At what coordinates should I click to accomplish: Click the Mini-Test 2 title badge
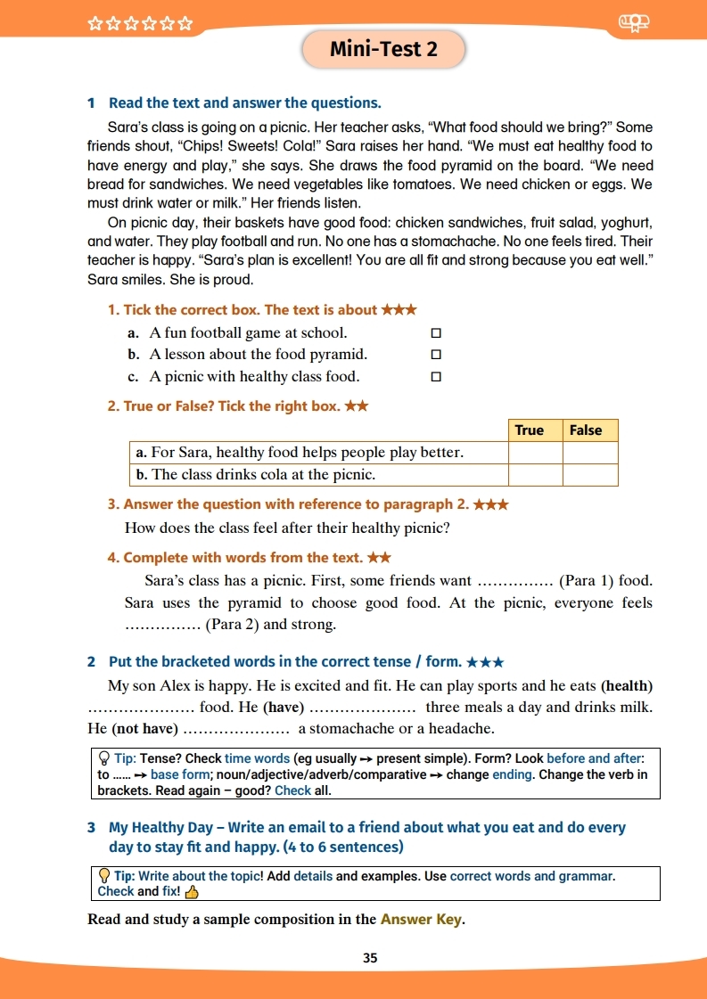tap(383, 49)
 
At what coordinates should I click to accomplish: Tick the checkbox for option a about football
tap(436, 333)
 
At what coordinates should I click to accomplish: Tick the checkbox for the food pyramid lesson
tap(436, 355)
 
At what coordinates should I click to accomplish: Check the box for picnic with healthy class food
tap(436, 376)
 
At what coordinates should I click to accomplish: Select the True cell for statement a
tap(535, 453)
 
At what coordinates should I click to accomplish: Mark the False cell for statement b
tap(590, 475)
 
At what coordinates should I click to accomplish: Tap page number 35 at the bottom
tap(370, 958)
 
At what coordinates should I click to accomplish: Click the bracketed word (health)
tap(627, 686)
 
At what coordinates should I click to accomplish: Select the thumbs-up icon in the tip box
tap(192, 891)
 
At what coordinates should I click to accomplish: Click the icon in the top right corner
tap(634, 24)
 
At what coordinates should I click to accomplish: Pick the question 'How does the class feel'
tap(287, 528)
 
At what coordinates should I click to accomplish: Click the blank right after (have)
tap(362, 708)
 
